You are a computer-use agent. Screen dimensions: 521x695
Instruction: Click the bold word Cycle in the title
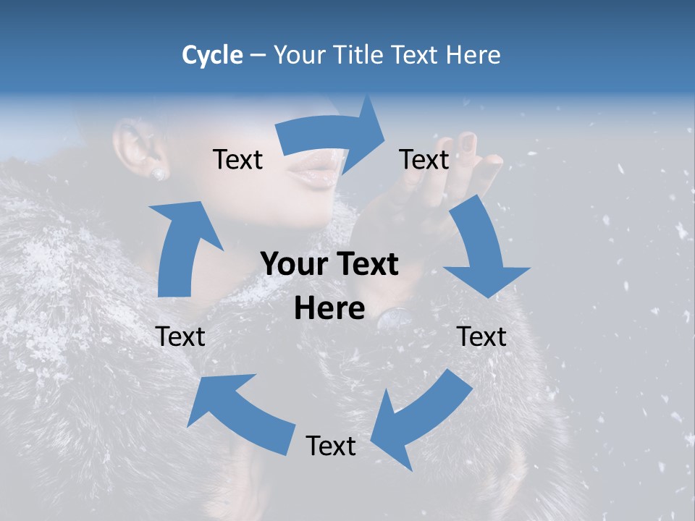212,55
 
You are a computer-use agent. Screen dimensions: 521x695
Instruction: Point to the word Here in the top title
473,55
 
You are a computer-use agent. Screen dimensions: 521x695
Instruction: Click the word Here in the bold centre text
329,309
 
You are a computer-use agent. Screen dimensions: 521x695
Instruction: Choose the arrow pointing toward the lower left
419,420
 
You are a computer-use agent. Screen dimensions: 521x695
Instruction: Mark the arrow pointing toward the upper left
239,412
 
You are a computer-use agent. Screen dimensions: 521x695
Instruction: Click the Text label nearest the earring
237,160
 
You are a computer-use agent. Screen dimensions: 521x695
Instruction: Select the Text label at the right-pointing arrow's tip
424,160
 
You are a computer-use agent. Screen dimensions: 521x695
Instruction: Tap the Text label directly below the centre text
331,446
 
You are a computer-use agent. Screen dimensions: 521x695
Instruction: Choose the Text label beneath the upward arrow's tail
180,336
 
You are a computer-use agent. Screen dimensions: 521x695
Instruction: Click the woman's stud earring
158,174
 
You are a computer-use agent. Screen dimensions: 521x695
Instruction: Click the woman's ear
138,148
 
